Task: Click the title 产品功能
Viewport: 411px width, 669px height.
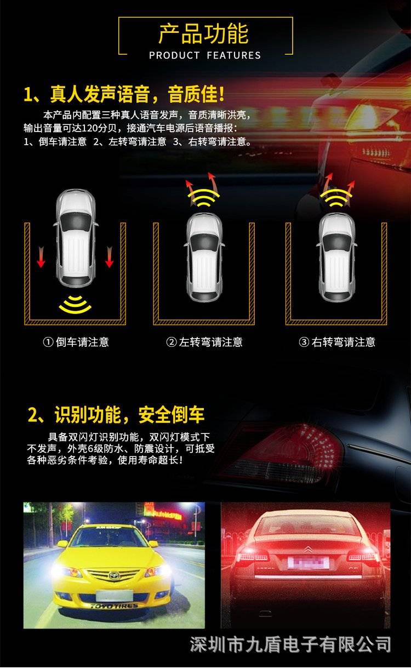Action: click(203, 34)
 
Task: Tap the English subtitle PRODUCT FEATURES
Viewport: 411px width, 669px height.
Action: click(205, 55)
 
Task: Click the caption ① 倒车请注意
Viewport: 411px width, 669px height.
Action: click(76, 342)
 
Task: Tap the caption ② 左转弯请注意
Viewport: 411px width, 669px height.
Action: click(204, 342)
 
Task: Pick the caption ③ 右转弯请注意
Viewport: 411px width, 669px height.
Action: click(337, 342)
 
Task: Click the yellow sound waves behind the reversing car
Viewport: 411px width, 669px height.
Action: click(75, 304)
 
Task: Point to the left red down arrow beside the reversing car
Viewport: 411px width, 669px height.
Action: click(41, 257)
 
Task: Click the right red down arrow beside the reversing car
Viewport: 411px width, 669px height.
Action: click(109, 257)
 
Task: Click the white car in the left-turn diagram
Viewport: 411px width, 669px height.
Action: click(204, 257)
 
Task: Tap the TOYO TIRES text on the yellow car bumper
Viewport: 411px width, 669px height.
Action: click(114, 606)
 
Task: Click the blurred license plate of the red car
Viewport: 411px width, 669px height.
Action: click(308, 563)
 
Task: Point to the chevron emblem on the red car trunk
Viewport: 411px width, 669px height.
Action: click(309, 549)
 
